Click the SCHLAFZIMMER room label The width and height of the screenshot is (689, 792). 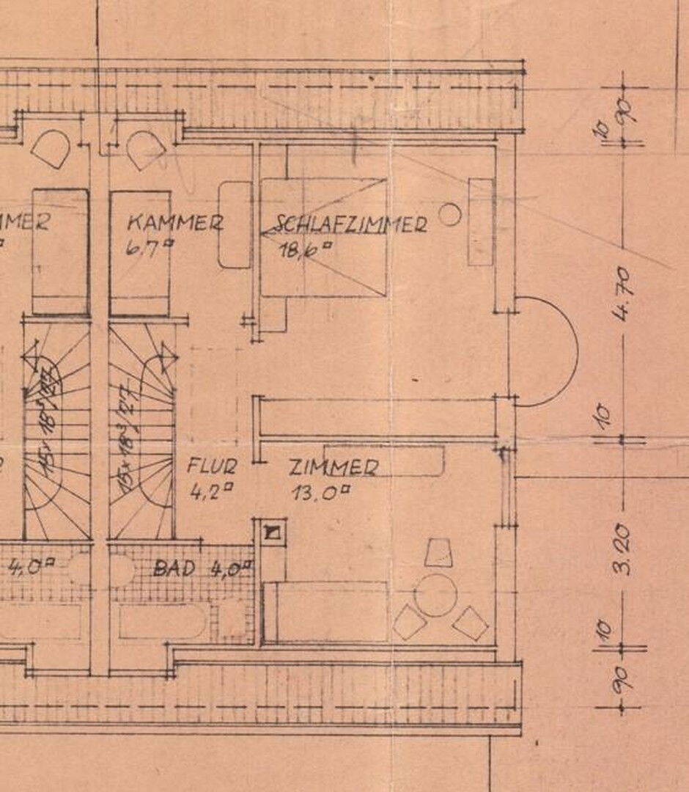coord(351,224)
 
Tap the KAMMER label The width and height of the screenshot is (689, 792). coord(174,222)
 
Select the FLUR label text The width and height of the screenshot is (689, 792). coord(212,466)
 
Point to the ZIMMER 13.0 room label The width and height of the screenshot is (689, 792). coord(334,467)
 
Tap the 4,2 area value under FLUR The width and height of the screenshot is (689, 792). coord(207,492)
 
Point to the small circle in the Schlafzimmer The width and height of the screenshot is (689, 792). coord(449,215)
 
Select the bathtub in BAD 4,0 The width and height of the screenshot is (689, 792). coord(163,622)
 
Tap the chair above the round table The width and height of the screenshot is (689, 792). coord(438,553)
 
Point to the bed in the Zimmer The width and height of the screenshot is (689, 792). coord(325,612)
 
